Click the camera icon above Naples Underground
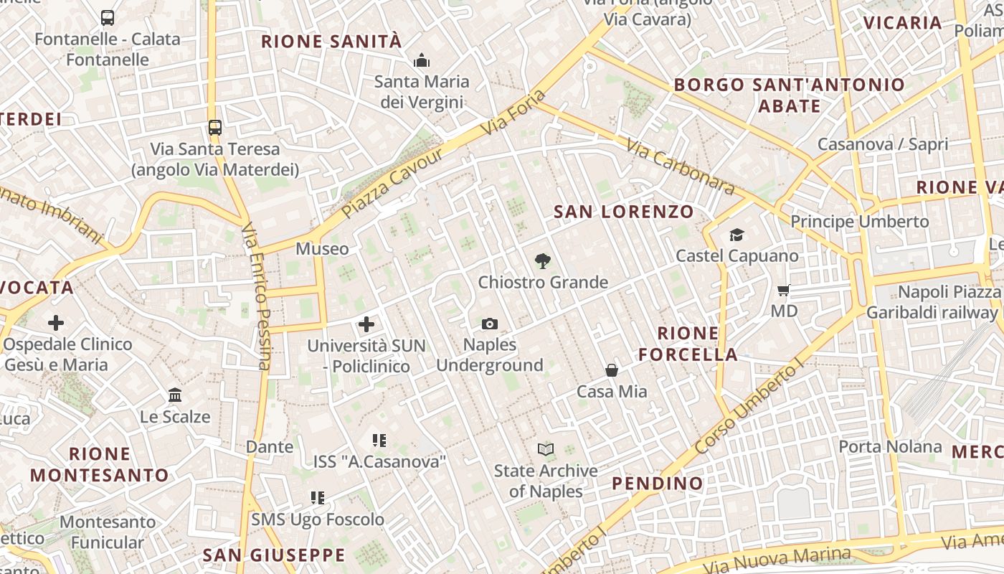[x=490, y=324]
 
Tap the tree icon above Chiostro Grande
[x=543, y=262]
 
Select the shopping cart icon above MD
[x=784, y=291]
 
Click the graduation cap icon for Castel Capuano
[x=737, y=235]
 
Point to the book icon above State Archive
[x=546, y=450]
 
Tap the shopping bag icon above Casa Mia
[x=612, y=370]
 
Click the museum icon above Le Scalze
[x=175, y=395]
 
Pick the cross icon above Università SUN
[x=366, y=324]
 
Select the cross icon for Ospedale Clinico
[x=56, y=323]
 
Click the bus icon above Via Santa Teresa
[x=214, y=128]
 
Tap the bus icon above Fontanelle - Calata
[x=108, y=18]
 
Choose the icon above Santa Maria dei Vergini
[x=422, y=60]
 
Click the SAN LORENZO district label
[x=624, y=212]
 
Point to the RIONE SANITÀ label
[x=331, y=42]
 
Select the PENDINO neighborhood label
[x=658, y=484]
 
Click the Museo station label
[x=322, y=249]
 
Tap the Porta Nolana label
[x=890, y=447]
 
